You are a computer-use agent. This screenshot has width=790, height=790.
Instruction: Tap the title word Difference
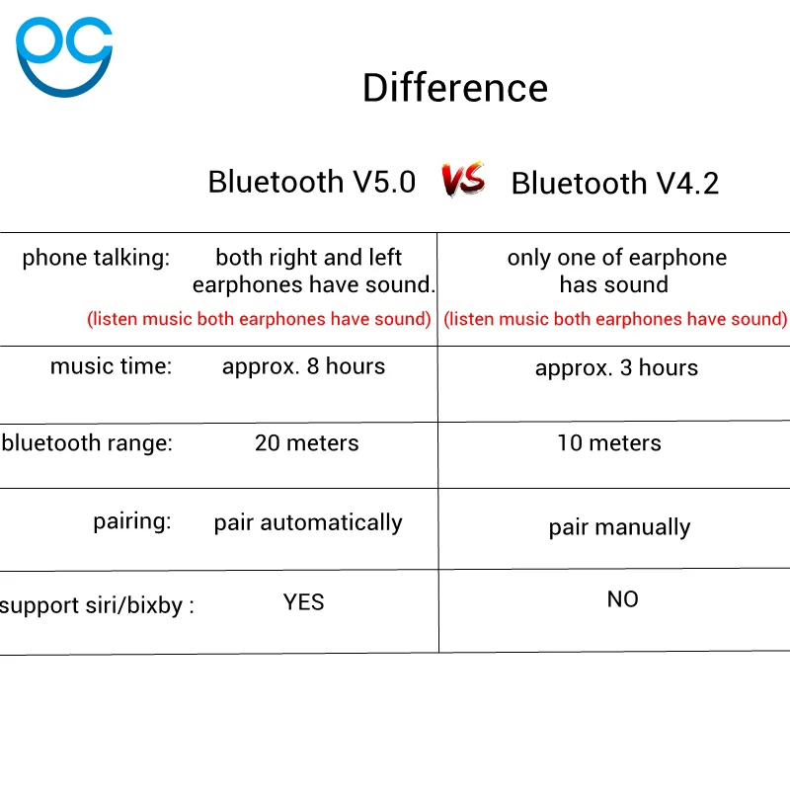pyautogui.click(x=455, y=88)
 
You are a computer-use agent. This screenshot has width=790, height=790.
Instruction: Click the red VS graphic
pyautogui.click(x=463, y=180)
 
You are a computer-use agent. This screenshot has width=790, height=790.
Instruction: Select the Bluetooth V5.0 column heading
pyautogui.click(x=312, y=182)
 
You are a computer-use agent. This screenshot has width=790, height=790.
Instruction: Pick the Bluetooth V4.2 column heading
pyautogui.click(x=614, y=183)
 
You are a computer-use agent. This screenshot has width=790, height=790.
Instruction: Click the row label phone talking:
pyautogui.click(x=96, y=258)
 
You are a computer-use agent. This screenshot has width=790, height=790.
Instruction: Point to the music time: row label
pyautogui.click(x=111, y=366)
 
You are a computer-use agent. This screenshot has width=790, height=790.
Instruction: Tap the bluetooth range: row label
pyautogui.click(x=87, y=443)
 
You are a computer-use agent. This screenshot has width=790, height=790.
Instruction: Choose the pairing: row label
pyautogui.click(x=132, y=521)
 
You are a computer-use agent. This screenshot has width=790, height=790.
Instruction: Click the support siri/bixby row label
pyautogui.click(x=97, y=605)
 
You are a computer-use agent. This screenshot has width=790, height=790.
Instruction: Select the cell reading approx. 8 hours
pyautogui.click(x=303, y=366)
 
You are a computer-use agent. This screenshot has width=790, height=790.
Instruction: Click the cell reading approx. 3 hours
pyautogui.click(x=616, y=368)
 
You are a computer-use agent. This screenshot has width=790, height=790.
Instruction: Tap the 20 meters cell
pyautogui.click(x=307, y=443)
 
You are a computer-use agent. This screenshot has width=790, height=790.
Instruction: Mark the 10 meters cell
pyautogui.click(x=609, y=443)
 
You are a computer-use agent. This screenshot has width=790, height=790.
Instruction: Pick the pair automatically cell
pyautogui.click(x=308, y=523)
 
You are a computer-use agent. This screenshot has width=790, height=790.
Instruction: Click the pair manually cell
pyautogui.click(x=619, y=528)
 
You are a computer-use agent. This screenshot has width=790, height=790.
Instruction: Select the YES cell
pyautogui.click(x=303, y=602)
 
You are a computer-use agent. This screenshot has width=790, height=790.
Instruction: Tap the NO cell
pyautogui.click(x=623, y=599)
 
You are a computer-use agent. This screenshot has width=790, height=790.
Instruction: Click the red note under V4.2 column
pyautogui.click(x=615, y=319)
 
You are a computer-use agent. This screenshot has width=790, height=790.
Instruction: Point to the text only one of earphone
pyautogui.click(x=616, y=258)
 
